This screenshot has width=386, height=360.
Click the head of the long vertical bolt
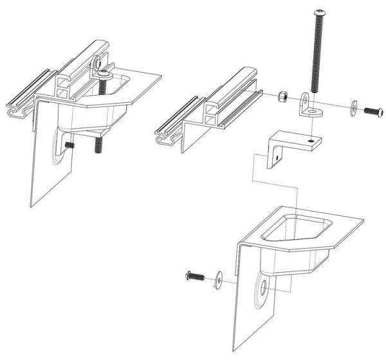pyautogui.click(x=319, y=14)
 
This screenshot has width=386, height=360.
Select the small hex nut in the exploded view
pyautogui.click(x=281, y=98)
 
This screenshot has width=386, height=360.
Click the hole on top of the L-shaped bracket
pyautogui.click(x=311, y=139)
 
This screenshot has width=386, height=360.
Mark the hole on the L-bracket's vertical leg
pyautogui.click(x=277, y=154)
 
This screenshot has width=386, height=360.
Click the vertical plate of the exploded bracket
pyautogui.click(x=254, y=309)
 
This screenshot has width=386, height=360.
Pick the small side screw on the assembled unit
pyautogui.click(x=70, y=146)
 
